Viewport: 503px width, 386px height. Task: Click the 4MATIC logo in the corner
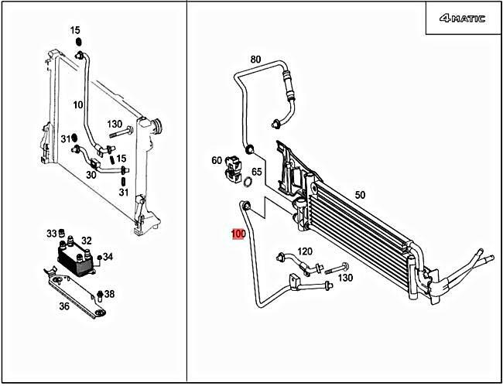pyautogui.click(x=461, y=19)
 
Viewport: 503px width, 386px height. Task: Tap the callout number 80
pyautogui.click(x=255, y=60)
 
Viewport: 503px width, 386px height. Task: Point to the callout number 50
pyautogui.click(x=360, y=196)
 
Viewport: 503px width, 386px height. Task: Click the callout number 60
pyautogui.click(x=217, y=160)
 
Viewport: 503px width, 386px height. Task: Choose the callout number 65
pyautogui.click(x=257, y=172)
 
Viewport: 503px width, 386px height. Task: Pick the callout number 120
pyautogui.click(x=305, y=251)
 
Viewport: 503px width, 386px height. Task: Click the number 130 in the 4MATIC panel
pyautogui.click(x=345, y=278)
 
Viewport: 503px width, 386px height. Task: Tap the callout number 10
pyautogui.click(x=78, y=104)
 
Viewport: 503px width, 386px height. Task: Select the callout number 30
pyautogui.click(x=91, y=175)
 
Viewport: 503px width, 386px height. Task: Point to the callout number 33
pyautogui.click(x=51, y=233)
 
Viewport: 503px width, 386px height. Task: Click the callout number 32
pyautogui.click(x=87, y=241)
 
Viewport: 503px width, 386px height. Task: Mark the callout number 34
pyautogui.click(x=108, y=257)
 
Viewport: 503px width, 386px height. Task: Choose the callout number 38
pyautogui.click(x=109, y=293)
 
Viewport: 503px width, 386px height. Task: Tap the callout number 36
pyautogui.click(x=64, y=306)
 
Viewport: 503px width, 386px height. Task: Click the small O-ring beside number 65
pyautogui.click(x=246, y=183)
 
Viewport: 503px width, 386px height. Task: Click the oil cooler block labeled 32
pyautogui.click(x=74, y=256)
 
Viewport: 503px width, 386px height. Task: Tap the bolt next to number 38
pyautogui.click(x=101, y=294)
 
